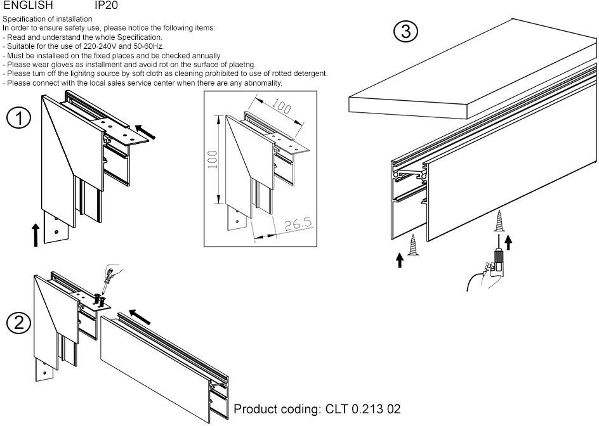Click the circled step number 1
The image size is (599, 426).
(x=18, y=118)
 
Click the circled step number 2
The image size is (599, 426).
(x=18, y=323)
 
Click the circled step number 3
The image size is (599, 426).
(x=405, y=31)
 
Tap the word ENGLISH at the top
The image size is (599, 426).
(x=29, y=5)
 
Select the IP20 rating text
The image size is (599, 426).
(x=106, y=5)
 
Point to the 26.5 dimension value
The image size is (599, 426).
(x=298, y=224)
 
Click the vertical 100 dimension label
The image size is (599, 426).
(x=213, y=160)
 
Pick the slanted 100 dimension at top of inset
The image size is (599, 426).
(x=282, y=105)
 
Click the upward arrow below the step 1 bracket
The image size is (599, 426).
(x=36, y=235)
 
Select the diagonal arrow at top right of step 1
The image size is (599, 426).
(x=145, y=132)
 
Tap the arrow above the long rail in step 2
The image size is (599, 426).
(x=140, y=317)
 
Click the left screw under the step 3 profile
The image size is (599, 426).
(x=412, y=245)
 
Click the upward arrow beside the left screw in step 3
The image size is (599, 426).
(x=400, y=260)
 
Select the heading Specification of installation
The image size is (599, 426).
(x=48, y=19)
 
